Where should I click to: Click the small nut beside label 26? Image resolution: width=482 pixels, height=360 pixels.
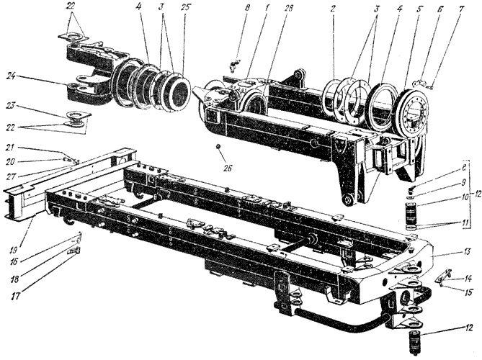click(x=217, y=148)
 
